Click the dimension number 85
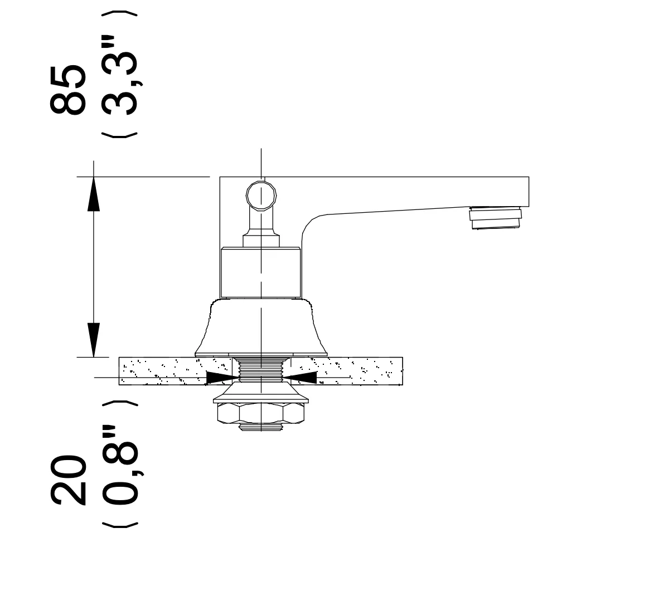68,90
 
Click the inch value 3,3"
120,76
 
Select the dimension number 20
68,479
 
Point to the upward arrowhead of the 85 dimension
93,194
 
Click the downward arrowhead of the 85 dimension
93,340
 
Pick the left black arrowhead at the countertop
223,378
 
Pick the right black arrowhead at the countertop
300,378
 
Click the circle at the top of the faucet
261,196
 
